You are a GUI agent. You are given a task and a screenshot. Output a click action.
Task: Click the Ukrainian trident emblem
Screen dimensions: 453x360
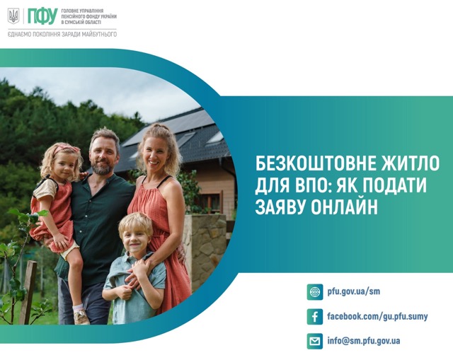[13, 16]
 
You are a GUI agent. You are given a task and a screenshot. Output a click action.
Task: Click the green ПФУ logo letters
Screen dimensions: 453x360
[42, 16]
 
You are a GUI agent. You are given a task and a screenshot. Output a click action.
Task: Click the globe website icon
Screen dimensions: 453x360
[314, 292]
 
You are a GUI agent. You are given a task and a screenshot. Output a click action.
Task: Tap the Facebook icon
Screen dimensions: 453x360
[314, 317]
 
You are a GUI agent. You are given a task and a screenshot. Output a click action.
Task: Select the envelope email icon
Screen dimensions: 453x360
[314, 341]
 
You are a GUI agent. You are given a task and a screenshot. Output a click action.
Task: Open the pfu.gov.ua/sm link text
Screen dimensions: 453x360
[354, 291]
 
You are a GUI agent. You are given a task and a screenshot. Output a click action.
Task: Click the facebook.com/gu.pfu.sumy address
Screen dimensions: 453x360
[377, 316]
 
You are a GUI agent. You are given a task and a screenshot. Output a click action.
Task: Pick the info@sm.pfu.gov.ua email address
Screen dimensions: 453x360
[364, 341]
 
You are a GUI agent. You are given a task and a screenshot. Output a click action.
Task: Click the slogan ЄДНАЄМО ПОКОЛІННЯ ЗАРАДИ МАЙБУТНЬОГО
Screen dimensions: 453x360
[62, 35]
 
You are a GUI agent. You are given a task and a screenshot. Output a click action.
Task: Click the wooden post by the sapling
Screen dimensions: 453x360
[28, 292]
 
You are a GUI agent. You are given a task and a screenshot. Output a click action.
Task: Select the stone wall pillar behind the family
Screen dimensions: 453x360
[205, 251]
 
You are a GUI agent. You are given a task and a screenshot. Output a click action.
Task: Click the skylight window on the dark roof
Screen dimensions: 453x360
[215, 138]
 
